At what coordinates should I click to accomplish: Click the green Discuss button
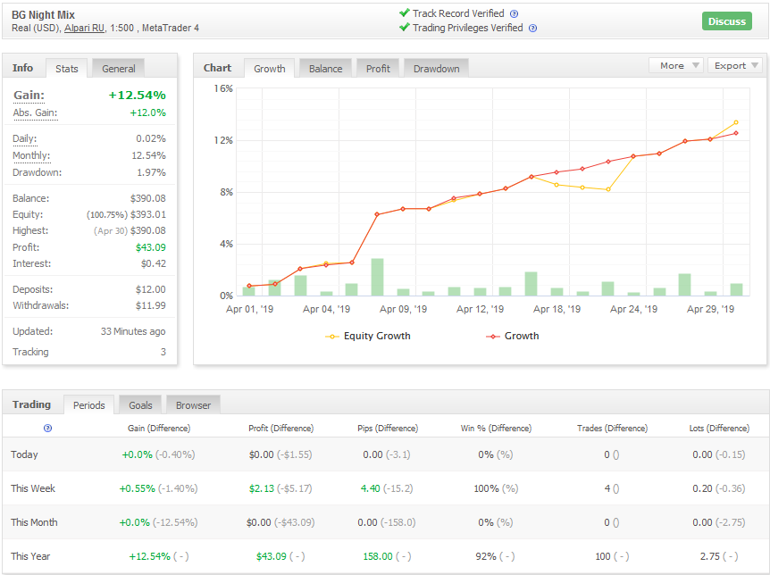click(727, 21)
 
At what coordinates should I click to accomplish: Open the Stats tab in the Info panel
click(66, 68)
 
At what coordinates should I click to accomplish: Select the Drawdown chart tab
click(436, 68)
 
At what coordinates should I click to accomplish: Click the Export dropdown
click(735, 65)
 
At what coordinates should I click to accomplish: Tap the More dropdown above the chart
click(676, 65)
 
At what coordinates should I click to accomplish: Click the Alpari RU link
click(85, 28)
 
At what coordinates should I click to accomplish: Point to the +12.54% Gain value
click(137, 95)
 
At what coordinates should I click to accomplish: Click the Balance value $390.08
click(147, 198)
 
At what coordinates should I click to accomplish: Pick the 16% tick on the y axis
click(223, 88)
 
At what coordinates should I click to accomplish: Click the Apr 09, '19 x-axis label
click(403, 309)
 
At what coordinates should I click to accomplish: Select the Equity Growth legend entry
click(368, 336)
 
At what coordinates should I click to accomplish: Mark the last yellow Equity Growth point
click(736, 122)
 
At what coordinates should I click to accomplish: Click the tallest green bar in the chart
click(377, 277)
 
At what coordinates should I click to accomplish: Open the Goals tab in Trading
click(140, 405)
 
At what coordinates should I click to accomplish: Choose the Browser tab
click(193, 405)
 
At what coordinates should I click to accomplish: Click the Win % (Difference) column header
click(496, 429)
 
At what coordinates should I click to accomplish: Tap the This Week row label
click(33, 488)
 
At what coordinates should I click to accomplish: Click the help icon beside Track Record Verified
click(515, 13)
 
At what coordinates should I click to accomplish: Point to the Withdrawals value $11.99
click(151, 305)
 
